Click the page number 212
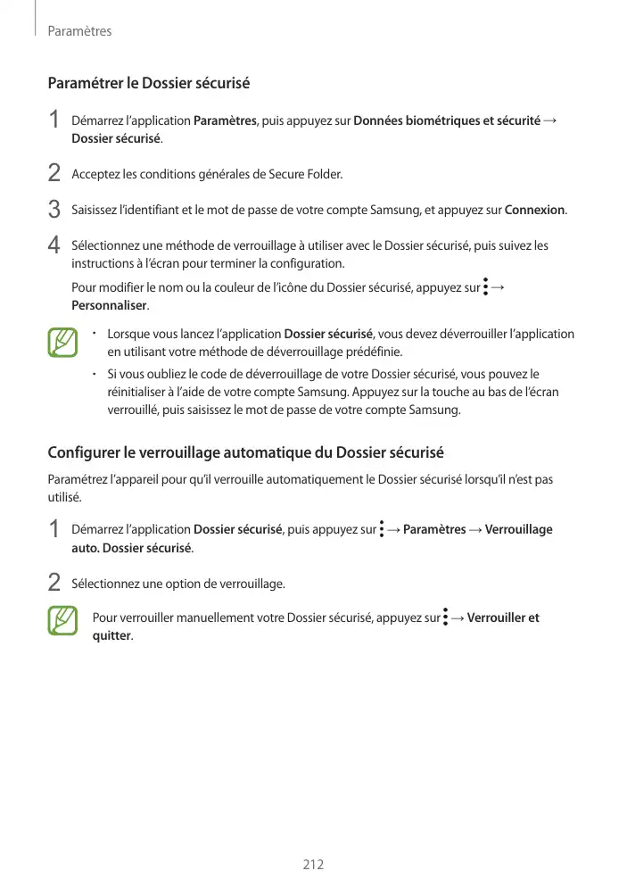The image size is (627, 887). click(312, 865)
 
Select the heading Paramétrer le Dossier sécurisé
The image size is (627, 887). click(148, 84)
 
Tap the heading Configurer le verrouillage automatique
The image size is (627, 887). click(245, 452)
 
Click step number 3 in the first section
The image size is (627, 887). click(54, 210)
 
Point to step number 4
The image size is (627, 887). click(54, 245)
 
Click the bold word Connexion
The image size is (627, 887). click(534, 211)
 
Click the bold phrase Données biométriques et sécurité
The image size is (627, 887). click(447, 120)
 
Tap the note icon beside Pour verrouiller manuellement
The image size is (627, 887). click(62, 621)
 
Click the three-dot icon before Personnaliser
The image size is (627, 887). click(485, 286)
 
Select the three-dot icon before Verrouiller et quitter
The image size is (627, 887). click(445, 618)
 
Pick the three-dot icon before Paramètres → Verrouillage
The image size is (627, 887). click(381, 529)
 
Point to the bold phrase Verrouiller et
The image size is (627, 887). click(503, 618)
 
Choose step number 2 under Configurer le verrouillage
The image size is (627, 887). click(54, 583)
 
